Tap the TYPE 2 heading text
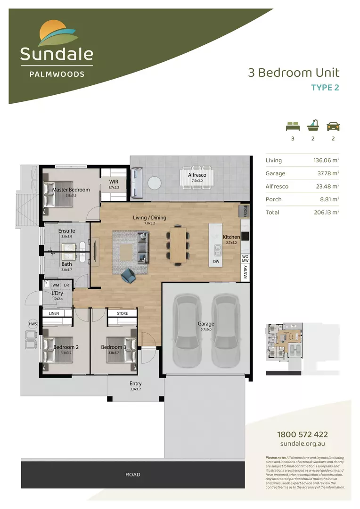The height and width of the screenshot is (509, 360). coord(325,87)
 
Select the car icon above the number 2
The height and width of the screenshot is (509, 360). coord(333,126)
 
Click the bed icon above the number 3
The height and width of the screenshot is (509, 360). coord(293,126)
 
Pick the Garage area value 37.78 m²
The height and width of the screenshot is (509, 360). coord(328,173)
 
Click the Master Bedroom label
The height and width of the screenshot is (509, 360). coord(71,190)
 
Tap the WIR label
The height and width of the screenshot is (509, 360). coord(114,181)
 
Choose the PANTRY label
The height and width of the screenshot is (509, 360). coord(245,272)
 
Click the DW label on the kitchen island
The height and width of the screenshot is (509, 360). coord(216,261)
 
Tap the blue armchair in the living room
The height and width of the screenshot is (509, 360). coord(128,276)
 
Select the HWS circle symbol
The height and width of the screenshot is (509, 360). coord(32,324)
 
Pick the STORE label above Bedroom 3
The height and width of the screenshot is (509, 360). coord(122,313)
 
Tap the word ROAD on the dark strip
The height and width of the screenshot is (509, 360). coord(133,475)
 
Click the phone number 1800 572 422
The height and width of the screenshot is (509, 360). coord(303,435)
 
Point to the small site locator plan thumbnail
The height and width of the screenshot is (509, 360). coord(283,349)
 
